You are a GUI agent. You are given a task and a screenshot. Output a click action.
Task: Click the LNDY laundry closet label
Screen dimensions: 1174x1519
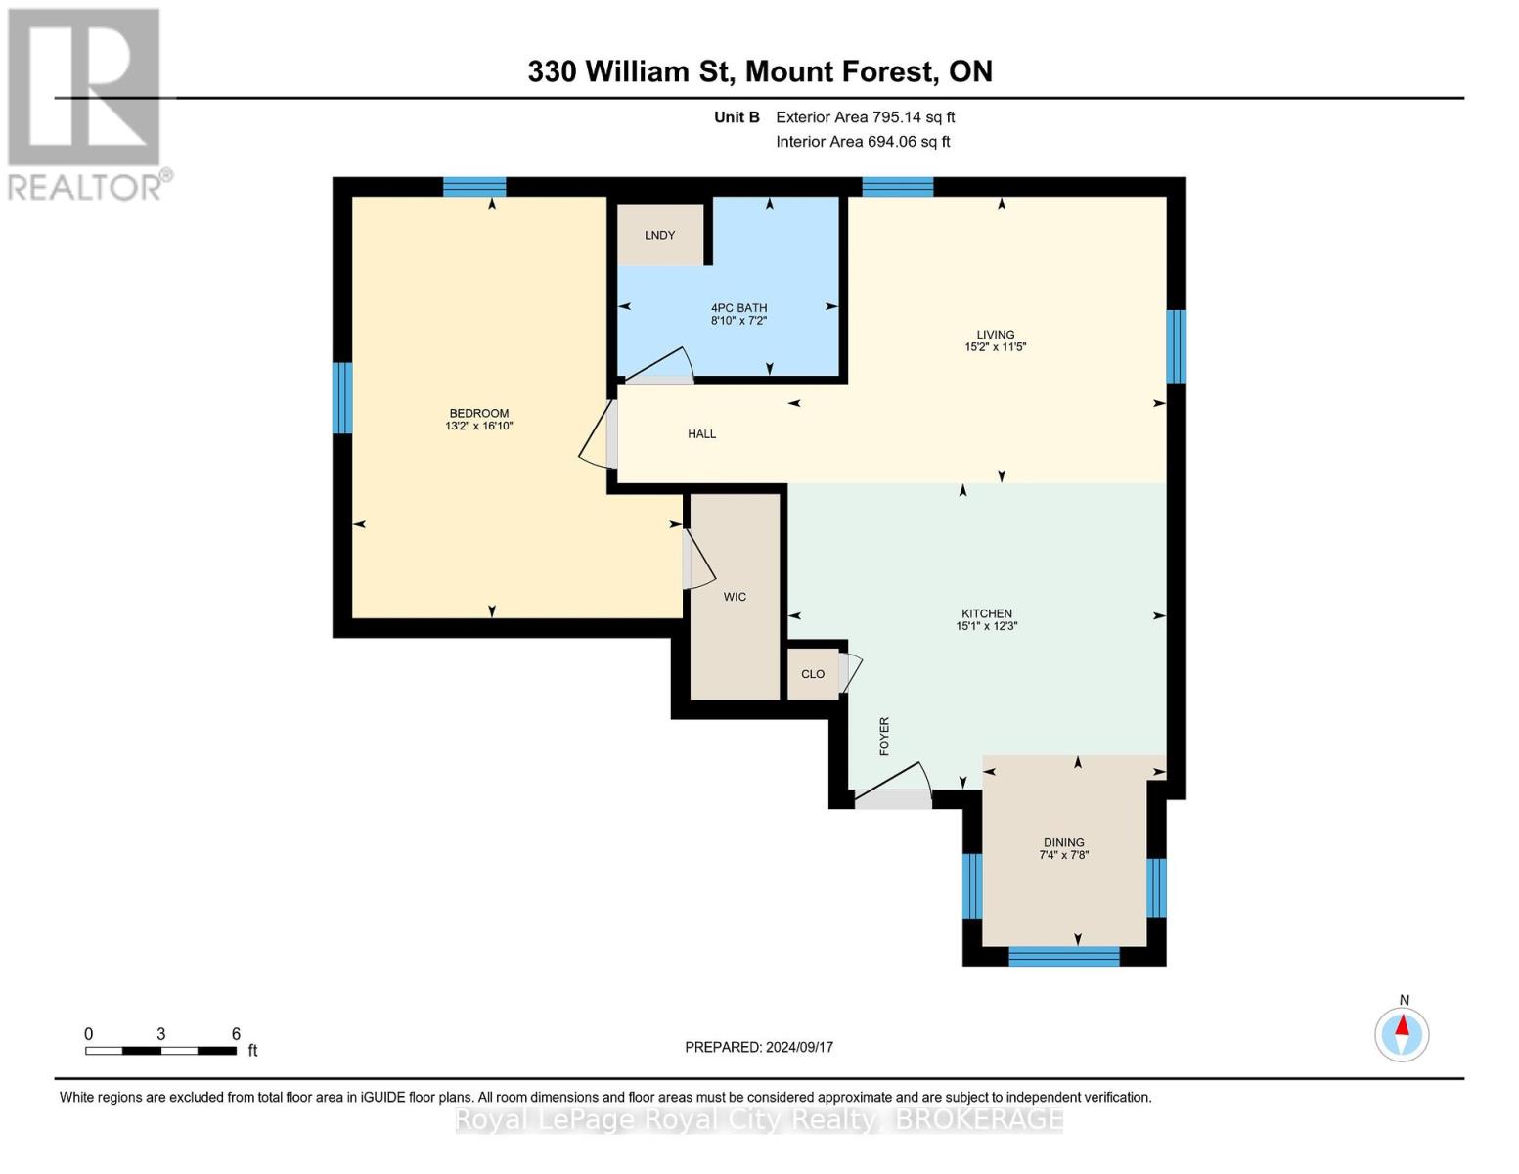tap(660, 235)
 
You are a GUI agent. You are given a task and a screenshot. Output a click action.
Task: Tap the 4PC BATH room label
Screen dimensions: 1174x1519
tap(738, 308)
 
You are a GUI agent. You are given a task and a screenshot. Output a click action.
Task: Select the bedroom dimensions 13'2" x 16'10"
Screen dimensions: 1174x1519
tap(479, 427)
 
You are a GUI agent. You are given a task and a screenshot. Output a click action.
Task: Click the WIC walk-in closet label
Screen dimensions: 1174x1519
tap(735, 597)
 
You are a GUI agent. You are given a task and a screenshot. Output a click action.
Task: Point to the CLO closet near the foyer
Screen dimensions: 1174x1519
tap(813, 674)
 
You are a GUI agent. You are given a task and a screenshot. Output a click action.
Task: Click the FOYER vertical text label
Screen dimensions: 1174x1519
tap(884, 736)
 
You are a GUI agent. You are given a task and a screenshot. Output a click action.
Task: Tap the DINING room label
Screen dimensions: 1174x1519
tap(1063, 842)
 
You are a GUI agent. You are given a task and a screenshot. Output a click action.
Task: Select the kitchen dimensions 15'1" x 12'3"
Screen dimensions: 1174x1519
tap(987, 626)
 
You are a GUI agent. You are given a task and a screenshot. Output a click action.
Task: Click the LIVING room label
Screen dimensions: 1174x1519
tap(995, 335)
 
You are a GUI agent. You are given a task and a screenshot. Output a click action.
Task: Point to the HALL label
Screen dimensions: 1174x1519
tap(701, 433)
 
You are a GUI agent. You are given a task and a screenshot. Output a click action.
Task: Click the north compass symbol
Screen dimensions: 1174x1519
tap(1402, 1033)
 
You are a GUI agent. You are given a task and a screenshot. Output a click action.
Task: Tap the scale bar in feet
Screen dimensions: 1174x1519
tap(160, 1051)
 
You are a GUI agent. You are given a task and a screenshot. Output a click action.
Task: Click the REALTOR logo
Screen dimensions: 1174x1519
tap(86, 103)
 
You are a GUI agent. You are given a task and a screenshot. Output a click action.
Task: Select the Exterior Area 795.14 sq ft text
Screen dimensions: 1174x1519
tap(865, 117)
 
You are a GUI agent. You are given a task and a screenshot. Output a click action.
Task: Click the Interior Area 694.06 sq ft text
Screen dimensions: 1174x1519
tap(863, 142)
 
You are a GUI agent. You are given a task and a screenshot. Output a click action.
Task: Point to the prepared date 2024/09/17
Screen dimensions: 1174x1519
tap(759, 1047)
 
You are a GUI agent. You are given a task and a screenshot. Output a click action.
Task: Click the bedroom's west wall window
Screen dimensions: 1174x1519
tap(341, 397)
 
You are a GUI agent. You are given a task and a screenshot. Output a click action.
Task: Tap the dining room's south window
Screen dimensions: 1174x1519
tap(1063, 956)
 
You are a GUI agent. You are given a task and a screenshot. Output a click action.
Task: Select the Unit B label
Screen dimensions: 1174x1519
tap(737, 117)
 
